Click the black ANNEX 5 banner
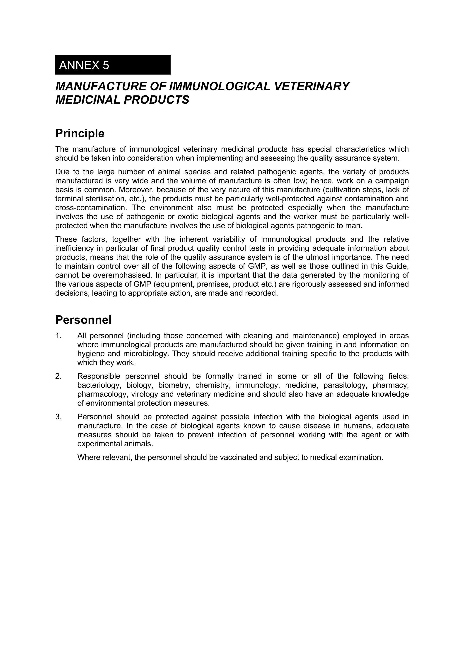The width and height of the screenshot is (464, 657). click(113, 65)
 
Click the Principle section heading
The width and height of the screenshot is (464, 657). click(80, 133)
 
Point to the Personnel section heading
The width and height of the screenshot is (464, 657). click(83, 320)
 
